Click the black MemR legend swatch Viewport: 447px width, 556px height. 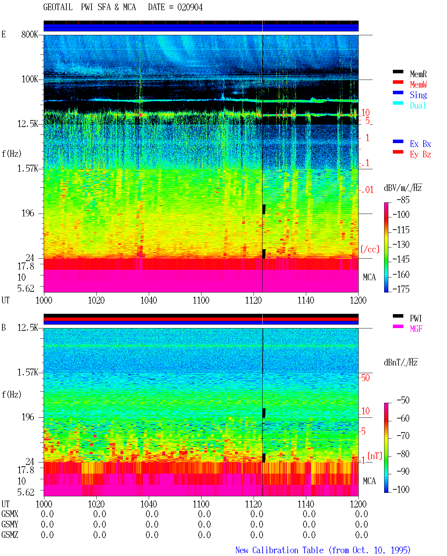pos(398,72)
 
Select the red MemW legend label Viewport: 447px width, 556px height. pos(418,84)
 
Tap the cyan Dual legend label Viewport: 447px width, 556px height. pos(418,105)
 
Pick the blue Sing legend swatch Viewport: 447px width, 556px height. pos(398,92)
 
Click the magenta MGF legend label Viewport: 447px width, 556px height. pos(416,329)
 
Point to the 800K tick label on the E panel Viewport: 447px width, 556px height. pos(30,34)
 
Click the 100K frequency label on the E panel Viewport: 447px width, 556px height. pos(30,79)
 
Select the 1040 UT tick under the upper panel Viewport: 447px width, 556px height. pos(149,300)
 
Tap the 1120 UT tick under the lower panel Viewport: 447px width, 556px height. pos(254,504)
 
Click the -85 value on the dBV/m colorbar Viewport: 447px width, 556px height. pos(403,200)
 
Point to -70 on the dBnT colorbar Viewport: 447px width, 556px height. pos(403,436)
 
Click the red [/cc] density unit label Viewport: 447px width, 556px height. pos(370,249)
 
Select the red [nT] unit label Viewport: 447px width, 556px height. pos(375,456)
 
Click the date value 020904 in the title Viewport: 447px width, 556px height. pos(190,7)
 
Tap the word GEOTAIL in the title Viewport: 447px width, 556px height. pos(58,7)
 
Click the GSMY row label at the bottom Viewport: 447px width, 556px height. pos(10,524)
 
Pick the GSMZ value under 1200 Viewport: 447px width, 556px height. pos(361,535)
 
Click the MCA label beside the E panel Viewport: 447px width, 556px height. pos(369,277)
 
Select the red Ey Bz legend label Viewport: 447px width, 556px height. pos(420,154)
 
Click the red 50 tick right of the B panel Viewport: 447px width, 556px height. pos(365,378)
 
